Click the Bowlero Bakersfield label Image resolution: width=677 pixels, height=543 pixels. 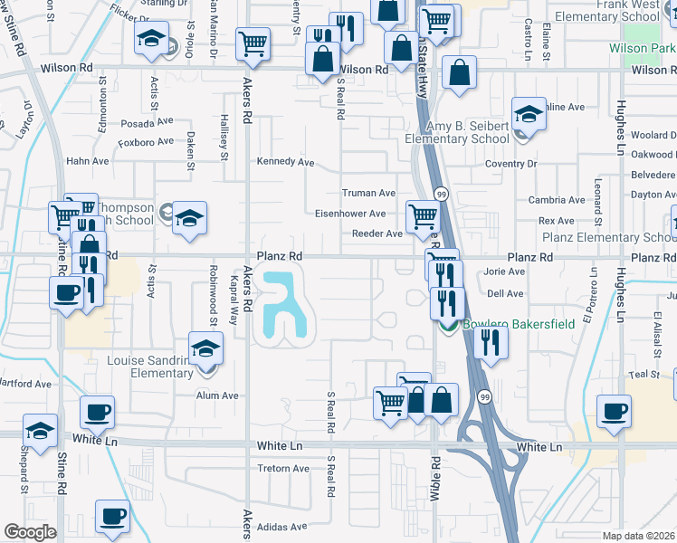click(518, 325)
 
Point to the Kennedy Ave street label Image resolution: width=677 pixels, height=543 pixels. click(285, 162)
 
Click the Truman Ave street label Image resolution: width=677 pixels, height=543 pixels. click(368, 194)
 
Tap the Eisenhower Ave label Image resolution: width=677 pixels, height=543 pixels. click(350, 214)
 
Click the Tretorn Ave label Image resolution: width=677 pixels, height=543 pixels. click(283, 469)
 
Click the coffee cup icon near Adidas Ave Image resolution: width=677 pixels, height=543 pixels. click(113, 517)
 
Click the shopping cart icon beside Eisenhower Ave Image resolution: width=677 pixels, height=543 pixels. click(423, 216)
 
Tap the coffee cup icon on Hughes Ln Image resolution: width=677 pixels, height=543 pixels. click(615, 410)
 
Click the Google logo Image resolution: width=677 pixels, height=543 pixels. click(30, 532)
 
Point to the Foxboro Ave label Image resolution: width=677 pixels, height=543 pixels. click(146, 142)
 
